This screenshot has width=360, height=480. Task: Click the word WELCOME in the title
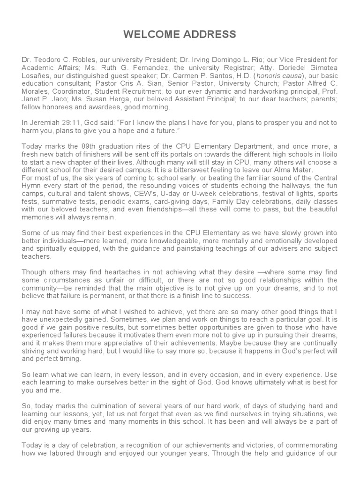[152, 35]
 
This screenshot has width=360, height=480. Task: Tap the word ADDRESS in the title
[209, 35]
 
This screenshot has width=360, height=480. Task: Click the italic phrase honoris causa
[276, 76]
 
